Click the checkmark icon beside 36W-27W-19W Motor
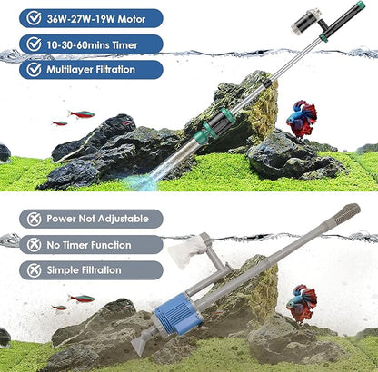pyautogui.click(x=34, y=17)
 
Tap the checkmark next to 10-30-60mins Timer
pyautogui.click(x=34, y=43)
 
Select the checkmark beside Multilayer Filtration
pyautogui.click(x=34, y=69)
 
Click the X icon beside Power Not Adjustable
pyautogui.click(x=34, y=219)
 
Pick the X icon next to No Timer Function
pyautogui.click(x=34, y=244)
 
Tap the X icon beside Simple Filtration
pyautogui.click(x=34, y=270)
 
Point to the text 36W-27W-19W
pyautogui.click(x=84, y=17)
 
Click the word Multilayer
pyautogui.click(x=75, y=69)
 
